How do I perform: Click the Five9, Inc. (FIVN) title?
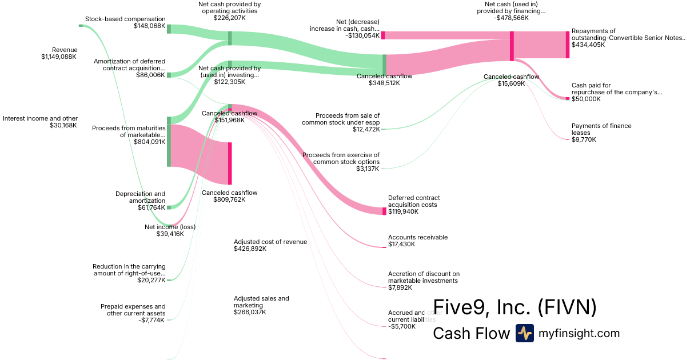[x=514, y=307]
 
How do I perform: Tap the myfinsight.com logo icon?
[x=524, y=333]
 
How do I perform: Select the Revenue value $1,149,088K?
[x=58, y=57]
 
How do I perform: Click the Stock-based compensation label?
[x=125, y=19]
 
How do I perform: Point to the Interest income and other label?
[x=40, y=118]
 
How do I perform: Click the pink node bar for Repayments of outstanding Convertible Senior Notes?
[x=568, y=45]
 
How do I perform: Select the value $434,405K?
[x=588, y=45]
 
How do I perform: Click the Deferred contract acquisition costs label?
[x=414, y=201]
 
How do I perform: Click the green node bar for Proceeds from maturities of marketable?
[x=169, y=141]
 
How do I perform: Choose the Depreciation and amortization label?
[x=140, y=197]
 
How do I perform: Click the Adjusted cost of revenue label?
[x=270, y=242]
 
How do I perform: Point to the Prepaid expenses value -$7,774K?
[x=151, y=320]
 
